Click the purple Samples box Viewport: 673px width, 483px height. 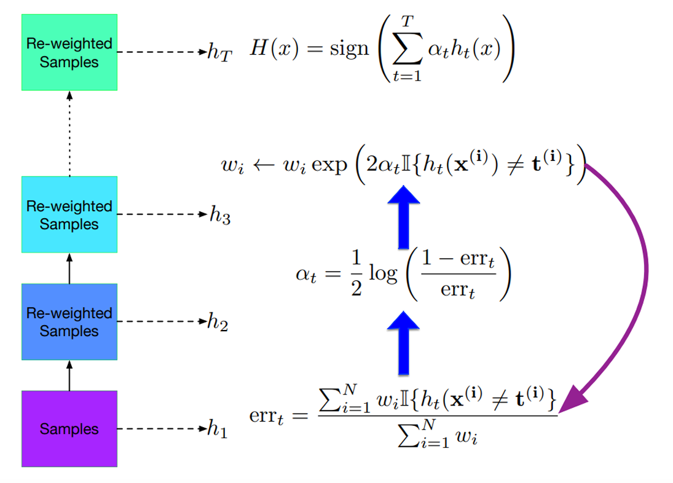pos(69,428)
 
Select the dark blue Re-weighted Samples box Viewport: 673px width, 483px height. pos(69,321)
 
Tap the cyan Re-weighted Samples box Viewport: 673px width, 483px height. pos(69,214)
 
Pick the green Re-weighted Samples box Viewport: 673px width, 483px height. pos(69,53)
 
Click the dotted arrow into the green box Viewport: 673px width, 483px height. pos(69,132)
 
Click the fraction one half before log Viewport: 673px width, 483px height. pos(355,273)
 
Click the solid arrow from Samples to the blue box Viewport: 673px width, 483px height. pos(69,375)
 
